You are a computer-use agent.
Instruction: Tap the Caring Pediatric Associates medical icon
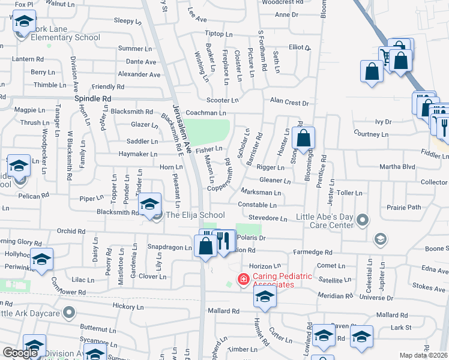pyautogui.click(x=243, y=279)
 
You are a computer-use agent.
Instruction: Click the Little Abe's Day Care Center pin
pyautogui.click(x=362, y=221)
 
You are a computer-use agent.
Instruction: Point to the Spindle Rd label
pyautogui.click(x=93, y=98)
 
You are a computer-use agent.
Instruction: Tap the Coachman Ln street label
pyautogui.click(x=206, y=113)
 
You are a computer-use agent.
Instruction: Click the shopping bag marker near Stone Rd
pyautogui.click(x=304, y=139)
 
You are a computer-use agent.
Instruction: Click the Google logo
pyautogui.click(x=20, y=353)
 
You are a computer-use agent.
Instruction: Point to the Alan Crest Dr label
pyautogui.click(x=289, y=103)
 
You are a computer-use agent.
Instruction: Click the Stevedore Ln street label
pyautogui.click(x=268, y=219)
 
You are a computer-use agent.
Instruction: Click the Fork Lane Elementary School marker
pyautogui.click(x=23, y=23)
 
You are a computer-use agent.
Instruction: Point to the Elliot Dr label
pyautogui.click(x=300, y=47)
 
